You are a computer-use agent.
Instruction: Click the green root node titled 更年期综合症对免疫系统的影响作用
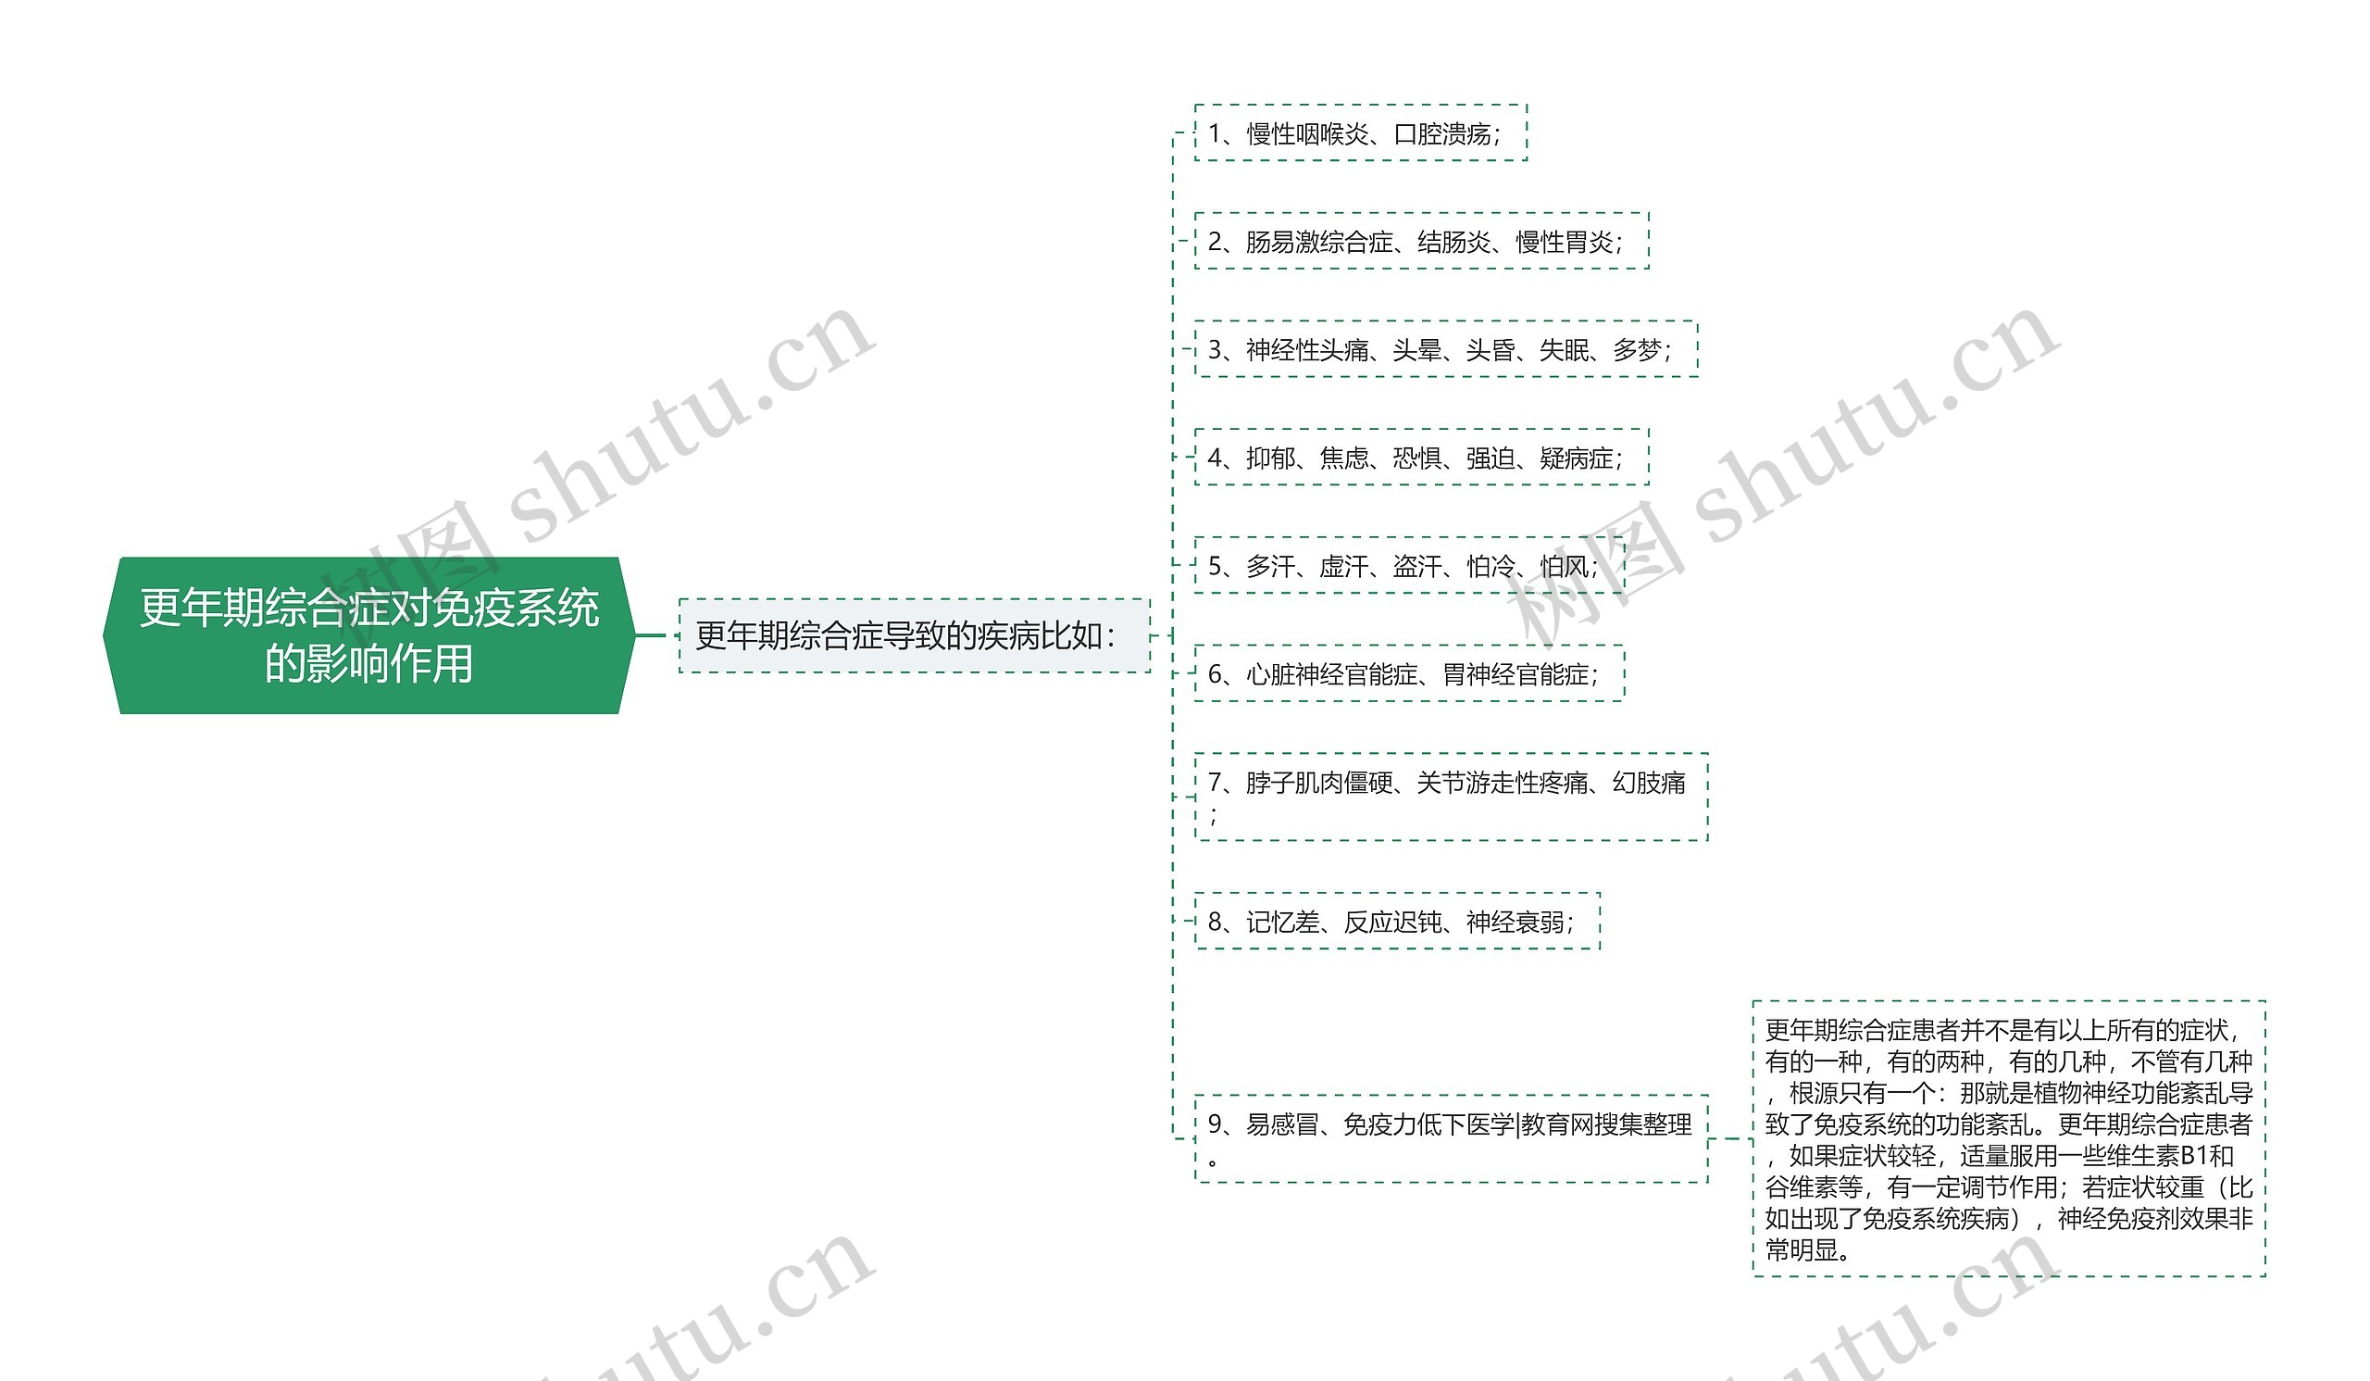click(x=368, y=635)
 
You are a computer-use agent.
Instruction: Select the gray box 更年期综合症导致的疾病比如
click(x=914, y=635)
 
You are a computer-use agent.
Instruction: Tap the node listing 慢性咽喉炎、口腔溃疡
click(x=1360, y=132)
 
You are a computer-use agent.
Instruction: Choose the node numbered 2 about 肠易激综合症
click(x=1421, y=241)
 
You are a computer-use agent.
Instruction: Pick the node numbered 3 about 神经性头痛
click(x=1445, y=349)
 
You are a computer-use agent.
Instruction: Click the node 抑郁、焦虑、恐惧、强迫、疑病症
click(x=1421, y=458)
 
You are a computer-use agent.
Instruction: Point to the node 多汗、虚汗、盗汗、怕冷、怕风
click(x=1409, y=565)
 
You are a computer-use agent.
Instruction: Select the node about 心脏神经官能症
click(x=1409, y=673)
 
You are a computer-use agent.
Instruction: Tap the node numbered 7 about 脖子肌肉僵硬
click(x=1451, y=797)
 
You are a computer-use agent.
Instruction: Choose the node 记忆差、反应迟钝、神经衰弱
click(x=1397, y=921)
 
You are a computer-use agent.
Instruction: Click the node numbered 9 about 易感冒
click(x=1451, y=1138)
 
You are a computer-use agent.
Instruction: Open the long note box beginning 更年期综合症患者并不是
click(x=2009, y=1138)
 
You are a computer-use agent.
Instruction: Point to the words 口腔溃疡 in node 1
click(x=1441, y=133)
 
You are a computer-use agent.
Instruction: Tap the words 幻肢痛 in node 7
click(x=1649, y=782)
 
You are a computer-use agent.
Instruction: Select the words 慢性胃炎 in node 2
click(x=1564, y=242)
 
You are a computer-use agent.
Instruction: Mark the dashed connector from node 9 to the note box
click(x=1730, y=1138)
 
